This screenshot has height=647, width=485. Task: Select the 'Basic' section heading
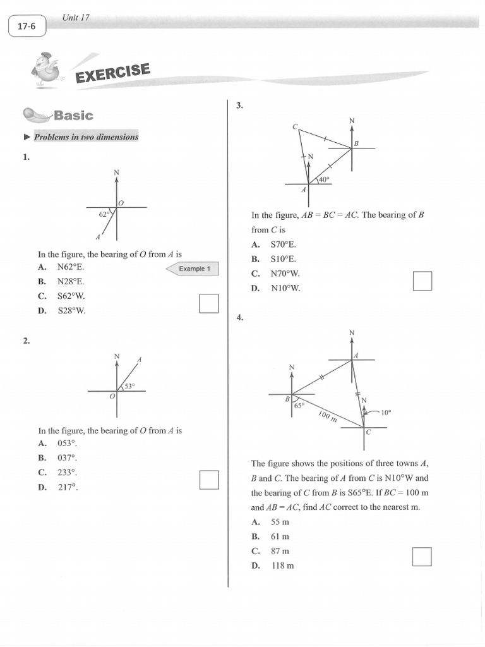coord(73,115)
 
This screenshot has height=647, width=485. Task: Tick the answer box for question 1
coord(208,303)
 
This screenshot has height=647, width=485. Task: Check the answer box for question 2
coord(208,480)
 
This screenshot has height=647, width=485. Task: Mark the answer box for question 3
coord(422,281)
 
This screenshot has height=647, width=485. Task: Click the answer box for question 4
coord(422,557)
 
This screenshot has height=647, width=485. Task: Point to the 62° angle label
coord(104,214)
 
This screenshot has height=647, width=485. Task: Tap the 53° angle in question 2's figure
coord(129,386)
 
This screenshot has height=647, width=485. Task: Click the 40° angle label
coord(323,179)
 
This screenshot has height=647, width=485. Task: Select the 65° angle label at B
coord(299,406)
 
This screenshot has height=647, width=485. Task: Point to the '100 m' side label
coord(327,416)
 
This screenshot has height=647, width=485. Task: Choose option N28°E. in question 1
coord(70,281)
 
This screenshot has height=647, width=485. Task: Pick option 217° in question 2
coord(66,487)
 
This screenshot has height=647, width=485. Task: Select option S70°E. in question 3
coord(283,245)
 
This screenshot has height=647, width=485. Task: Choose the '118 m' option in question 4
coord(282,565)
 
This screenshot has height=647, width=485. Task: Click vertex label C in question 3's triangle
coord(295,126)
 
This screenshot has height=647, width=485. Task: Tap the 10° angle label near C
coord(386,412)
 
